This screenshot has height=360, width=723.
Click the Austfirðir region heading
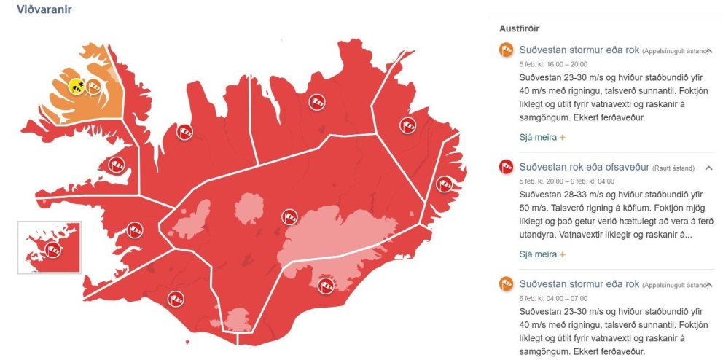519,28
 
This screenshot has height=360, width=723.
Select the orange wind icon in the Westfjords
94,89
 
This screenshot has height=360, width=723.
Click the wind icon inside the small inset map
52,250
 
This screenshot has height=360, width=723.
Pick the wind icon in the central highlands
290,216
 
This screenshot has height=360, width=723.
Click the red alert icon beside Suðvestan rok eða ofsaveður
506,167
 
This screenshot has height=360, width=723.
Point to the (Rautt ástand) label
673,168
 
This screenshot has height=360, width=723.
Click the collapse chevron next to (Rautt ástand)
708,168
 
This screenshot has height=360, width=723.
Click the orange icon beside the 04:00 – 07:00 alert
506,283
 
